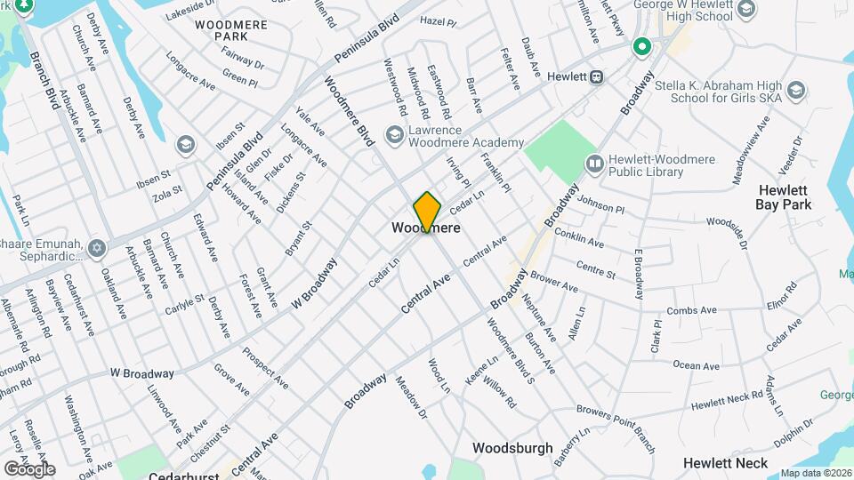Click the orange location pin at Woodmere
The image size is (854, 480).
[x=427, y=212]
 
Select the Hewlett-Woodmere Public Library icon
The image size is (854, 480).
[x=594, y=163]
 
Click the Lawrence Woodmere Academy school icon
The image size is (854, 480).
[x=394, y=134]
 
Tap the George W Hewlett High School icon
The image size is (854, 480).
[x=745, y=11]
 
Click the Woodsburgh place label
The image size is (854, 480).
[x=512, y=448]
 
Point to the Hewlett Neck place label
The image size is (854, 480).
[x=725, y=463]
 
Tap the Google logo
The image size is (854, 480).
[x=29, y=468]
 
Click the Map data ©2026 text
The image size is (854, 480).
[x=816, y=473]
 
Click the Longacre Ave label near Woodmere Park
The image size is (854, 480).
[x=190, y=74]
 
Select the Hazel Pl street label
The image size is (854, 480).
[x=438, y=20]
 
